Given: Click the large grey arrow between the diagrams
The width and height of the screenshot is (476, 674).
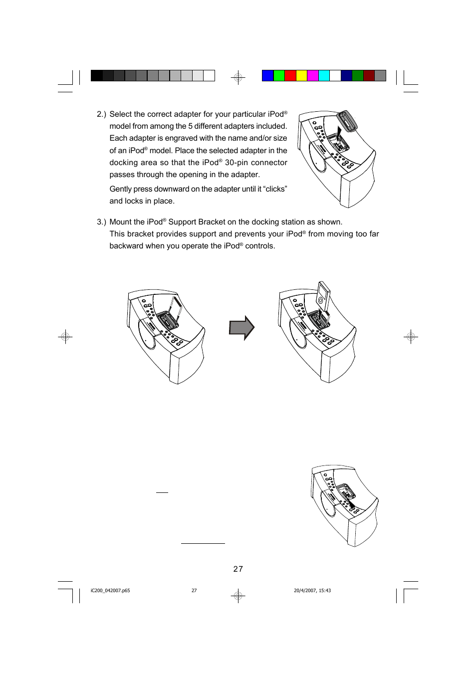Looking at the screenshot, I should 241,328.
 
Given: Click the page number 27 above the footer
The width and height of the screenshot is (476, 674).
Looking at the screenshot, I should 238,569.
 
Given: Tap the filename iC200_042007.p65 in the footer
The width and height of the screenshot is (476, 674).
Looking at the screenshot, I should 110,591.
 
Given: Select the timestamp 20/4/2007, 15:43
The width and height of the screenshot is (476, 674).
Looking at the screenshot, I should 312,591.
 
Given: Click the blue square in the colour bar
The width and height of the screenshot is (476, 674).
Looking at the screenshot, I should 267,75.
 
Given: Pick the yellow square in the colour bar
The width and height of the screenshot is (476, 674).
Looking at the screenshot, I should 301,75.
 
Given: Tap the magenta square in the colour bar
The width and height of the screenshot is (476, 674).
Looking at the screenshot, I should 313,75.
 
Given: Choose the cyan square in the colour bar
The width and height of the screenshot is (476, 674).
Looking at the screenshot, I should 324,75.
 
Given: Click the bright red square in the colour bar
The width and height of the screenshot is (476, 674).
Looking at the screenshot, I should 290,75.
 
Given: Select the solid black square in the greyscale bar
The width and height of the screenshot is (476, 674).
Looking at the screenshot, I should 96,75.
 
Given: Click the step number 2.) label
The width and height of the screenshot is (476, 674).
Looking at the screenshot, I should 101,114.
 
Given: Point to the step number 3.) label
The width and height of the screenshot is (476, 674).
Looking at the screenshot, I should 101,222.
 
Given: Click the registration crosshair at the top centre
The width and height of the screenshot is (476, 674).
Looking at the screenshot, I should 238,77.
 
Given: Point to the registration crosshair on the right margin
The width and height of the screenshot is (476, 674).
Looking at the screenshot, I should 411,337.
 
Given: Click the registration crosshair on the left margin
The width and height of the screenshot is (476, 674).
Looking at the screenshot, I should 65,337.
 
